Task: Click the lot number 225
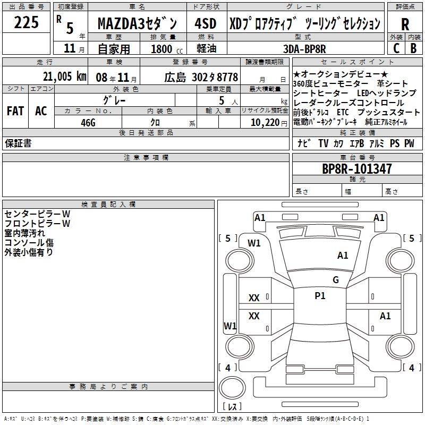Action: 26,23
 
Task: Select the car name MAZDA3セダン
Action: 140,24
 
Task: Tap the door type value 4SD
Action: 205,24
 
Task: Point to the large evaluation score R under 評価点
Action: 405,24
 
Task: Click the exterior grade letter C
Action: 396,48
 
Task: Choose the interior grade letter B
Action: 413,48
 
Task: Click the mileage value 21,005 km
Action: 64,76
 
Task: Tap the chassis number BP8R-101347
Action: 357,169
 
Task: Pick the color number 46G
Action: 88,122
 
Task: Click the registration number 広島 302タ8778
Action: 201,77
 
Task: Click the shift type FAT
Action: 15,111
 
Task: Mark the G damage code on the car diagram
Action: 336,280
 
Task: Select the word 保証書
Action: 19,143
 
